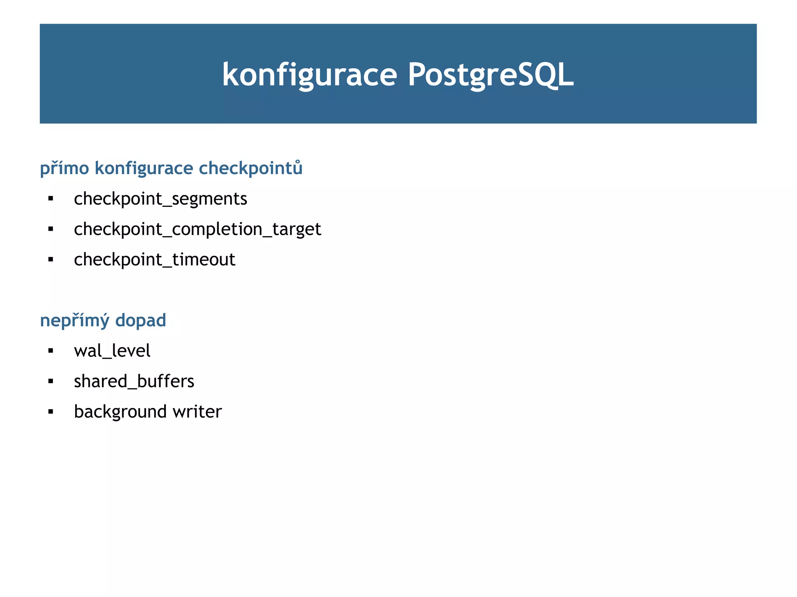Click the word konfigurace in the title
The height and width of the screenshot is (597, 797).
(x=309, y=75)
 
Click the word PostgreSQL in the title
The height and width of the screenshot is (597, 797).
(x=490, y=75)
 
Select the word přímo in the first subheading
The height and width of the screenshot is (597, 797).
(x=65, y=168)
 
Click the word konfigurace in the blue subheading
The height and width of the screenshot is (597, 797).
(x=144, y=168)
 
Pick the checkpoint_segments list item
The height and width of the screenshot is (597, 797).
(x=160, y=199)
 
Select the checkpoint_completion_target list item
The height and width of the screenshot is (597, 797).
(x=197, y=229)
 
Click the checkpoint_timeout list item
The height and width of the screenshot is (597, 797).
(x=154, y=259)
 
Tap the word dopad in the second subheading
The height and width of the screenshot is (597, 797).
(x=141, y=320)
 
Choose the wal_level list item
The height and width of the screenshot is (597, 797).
(x=112, y=351)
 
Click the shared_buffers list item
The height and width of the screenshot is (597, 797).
(x=134, y=381)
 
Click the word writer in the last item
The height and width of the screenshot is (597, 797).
(x=197, y=411)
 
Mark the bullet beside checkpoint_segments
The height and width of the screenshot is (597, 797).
(x=51, y=199)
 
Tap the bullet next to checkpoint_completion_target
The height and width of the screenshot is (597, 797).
(x=51, y=229)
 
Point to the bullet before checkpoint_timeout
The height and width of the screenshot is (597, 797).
(x=51, y=259)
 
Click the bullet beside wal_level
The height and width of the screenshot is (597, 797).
(x=51, y=351)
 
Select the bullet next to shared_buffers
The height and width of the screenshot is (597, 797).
(x=51, y=381)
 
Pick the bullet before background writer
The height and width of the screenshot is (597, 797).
(x=51, y=411)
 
